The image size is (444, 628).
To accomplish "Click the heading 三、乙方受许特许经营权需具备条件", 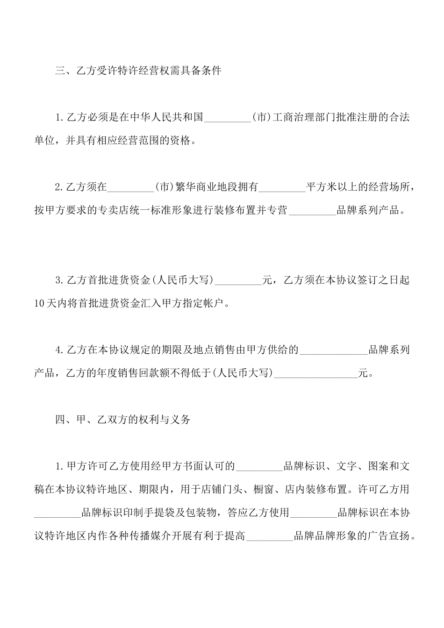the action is [138, 71].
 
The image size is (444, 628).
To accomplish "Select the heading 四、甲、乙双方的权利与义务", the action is [123, 419].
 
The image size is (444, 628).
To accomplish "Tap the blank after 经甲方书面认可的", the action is [260, 466].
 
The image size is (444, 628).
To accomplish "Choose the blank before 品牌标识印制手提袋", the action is [57, 513].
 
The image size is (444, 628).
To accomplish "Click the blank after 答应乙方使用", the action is [314, 513].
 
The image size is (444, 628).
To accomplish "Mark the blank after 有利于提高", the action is [270, 536].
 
